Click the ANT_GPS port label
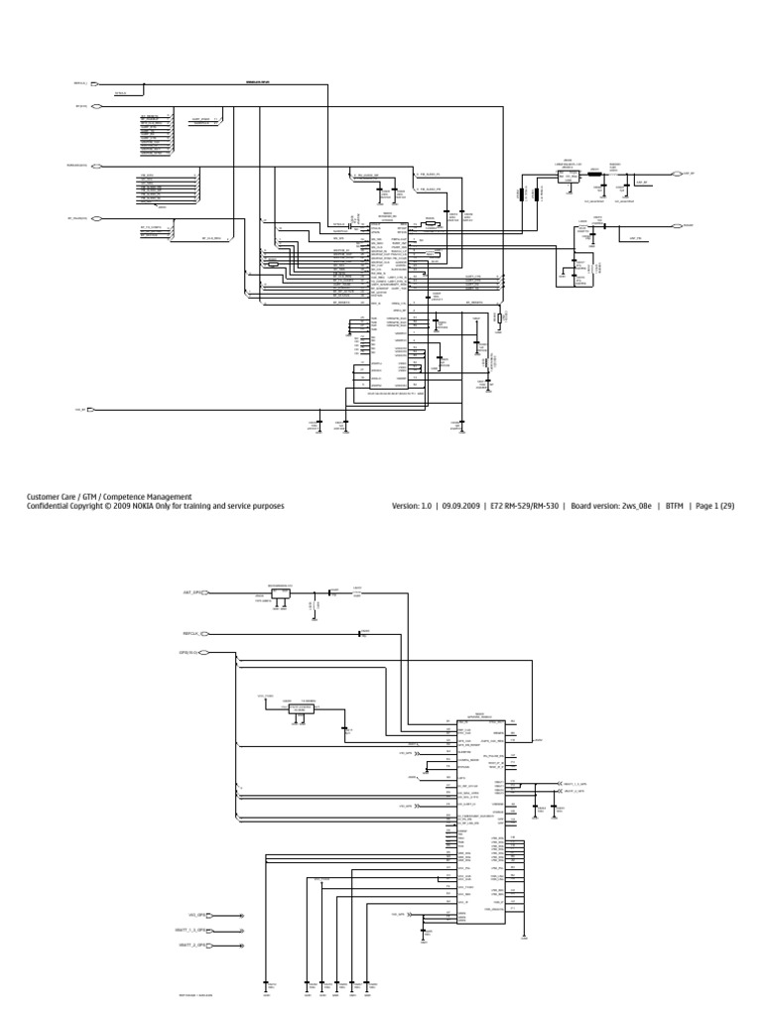pos(190,591)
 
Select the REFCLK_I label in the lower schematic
pos(191,633)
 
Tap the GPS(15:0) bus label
pos(189,652)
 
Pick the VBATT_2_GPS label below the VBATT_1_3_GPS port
pos(191,946)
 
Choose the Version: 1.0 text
pos(407,506)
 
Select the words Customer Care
pos(51,496)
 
